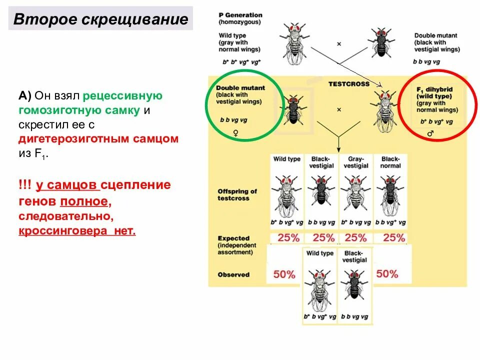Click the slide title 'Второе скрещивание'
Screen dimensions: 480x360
point(100,19)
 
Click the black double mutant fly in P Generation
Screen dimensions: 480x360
point(380,44)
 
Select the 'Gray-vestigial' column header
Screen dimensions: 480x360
point(356,162)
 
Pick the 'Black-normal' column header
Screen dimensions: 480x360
point(390,162)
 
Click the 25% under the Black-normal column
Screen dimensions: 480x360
point(394,238)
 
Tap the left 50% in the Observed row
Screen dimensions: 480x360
point(284,274)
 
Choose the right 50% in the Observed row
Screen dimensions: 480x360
point(387,273)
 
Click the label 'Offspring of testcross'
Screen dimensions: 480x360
point(237,194)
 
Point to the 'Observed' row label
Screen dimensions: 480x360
point(233,274)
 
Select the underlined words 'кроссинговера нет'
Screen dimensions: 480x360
point(77,231)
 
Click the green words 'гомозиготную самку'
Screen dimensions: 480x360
point(79,110)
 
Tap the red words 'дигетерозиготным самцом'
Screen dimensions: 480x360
point(98,139)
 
